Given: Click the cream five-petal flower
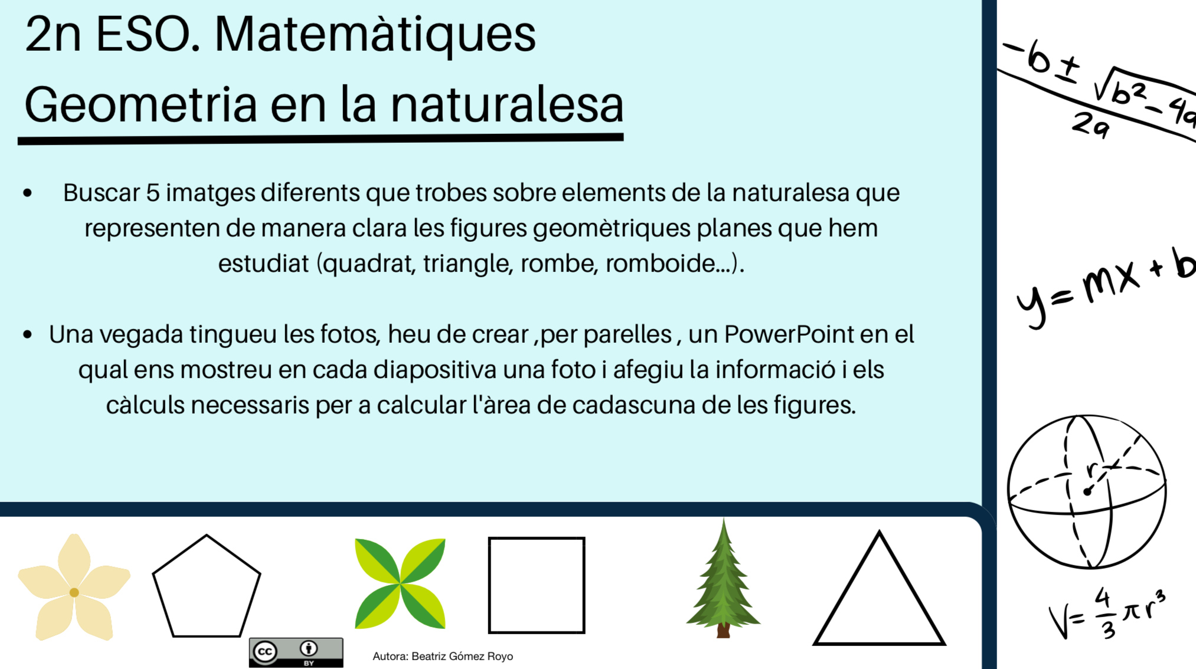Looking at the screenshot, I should [74, 588].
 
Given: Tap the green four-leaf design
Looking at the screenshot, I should [400, 583].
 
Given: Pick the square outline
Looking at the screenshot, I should [537, 585].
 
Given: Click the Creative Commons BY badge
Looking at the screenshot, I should [296, 652].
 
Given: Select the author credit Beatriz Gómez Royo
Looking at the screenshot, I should [443, 656].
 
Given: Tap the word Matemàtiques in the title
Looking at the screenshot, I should [375, 34].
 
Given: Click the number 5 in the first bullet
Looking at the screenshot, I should [153, 193].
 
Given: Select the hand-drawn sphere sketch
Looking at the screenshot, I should [1086, 491].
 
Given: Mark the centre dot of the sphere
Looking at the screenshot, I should [1087, 492].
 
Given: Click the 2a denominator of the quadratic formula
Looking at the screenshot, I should [1090, 125].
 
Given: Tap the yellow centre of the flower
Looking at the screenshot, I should [74, 592].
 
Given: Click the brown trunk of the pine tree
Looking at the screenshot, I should [723, 631].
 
